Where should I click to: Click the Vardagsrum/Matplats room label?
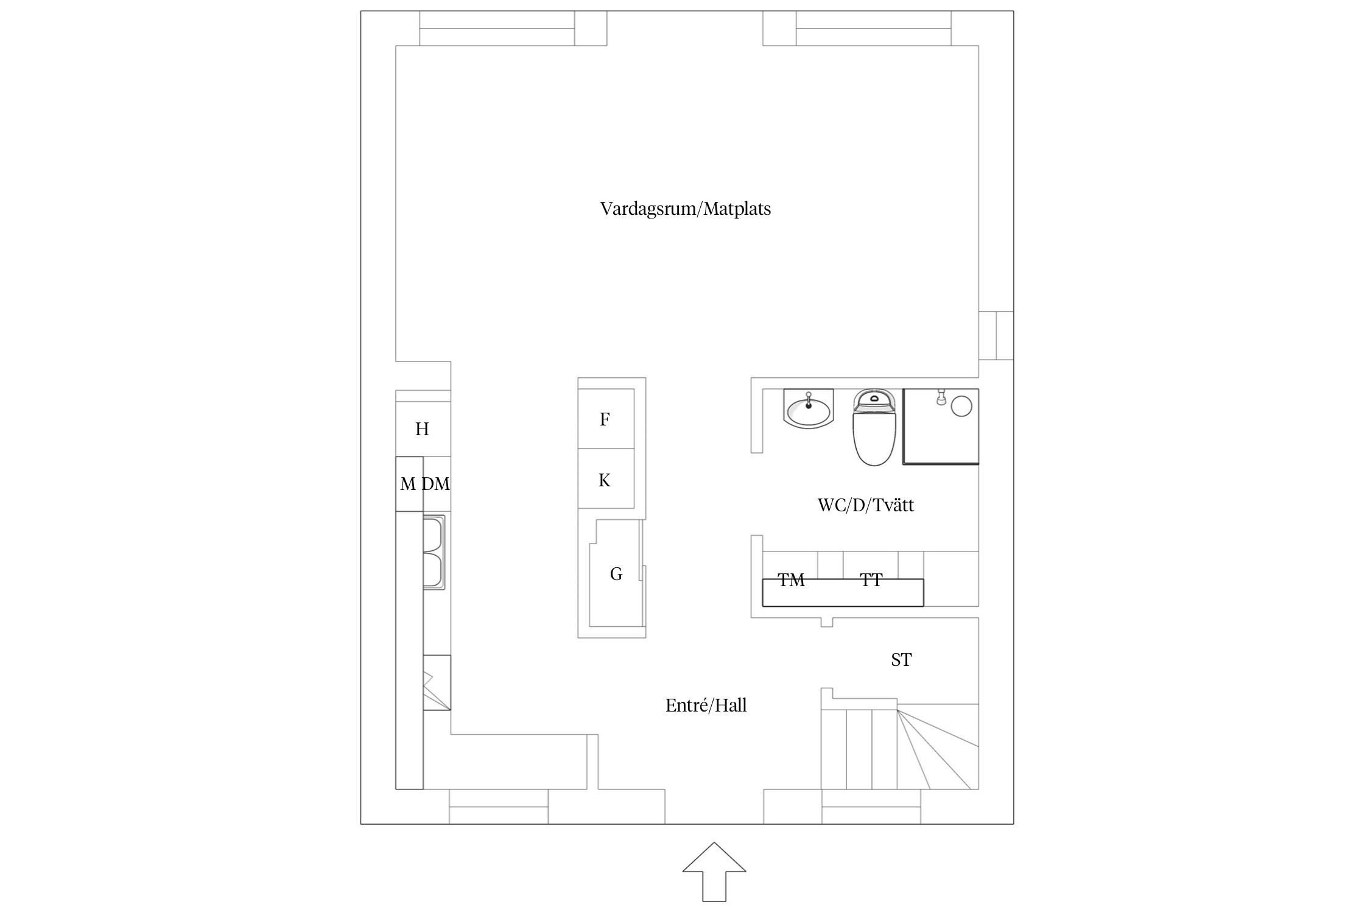click(685, 209)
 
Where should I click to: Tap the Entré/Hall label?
click(706, 705)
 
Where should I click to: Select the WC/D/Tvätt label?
click(865, 505)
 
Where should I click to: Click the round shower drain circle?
click(961, 406)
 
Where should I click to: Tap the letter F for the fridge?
click(605, 419)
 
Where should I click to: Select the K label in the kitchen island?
click(604, 481)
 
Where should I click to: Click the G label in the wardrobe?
click(616, 574)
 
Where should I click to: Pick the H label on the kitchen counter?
click(422, 429)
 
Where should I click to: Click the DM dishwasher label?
click(436, 484)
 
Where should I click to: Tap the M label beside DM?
click(407, 484)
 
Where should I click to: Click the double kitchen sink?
click(434, 552)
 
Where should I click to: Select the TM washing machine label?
click(791, 580)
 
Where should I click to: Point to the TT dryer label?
click(871, 580)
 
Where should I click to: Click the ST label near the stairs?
click(901, 660)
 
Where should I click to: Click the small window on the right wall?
click(996, 335)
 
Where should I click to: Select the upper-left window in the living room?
click(497, 28)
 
